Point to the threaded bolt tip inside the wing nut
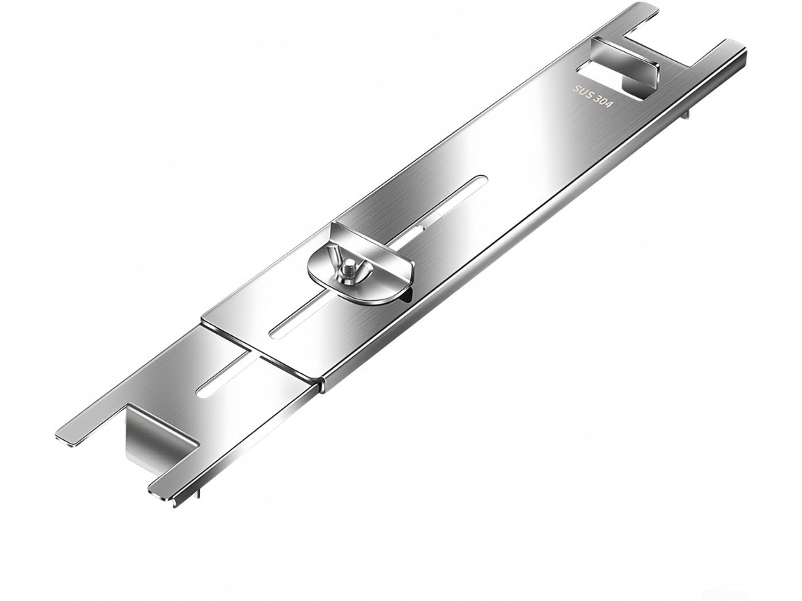click(x=349, y=266)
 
